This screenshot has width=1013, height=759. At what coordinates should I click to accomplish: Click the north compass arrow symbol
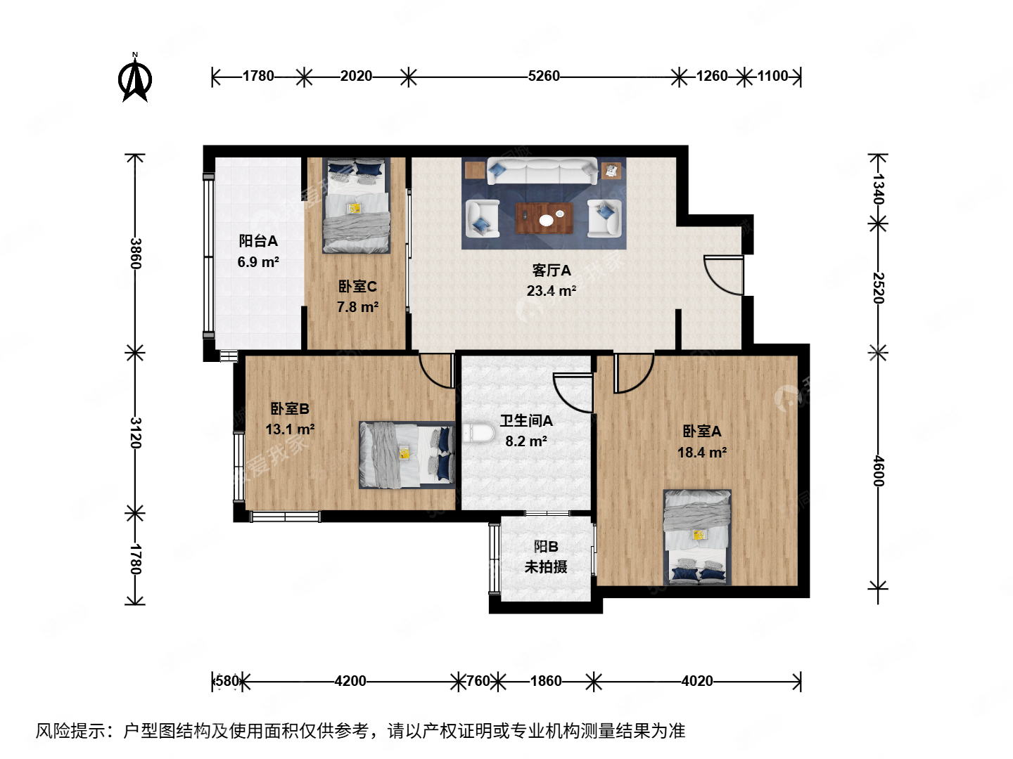pos(135,79)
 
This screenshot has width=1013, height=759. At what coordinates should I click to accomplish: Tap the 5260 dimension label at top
pos(544,76)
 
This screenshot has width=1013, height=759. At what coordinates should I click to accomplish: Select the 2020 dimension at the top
pos(356,76)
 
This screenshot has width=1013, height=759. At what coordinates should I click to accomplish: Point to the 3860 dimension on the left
pos(136,254)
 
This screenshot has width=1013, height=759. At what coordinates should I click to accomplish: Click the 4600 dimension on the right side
pos(878,470)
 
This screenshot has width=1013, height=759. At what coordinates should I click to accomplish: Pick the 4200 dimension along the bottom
pos(350,680)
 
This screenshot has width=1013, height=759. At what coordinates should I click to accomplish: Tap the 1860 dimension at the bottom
pos(546,680)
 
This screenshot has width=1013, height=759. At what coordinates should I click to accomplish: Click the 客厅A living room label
pos(552,271)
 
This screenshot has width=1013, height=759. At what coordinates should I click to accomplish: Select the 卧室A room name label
pos(701,432)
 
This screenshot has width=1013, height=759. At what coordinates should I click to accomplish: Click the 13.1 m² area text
pos(290,429)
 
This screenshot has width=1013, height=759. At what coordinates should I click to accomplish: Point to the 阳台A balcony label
pos(258,241)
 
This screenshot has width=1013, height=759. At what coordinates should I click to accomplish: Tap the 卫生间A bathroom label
pos(526,421)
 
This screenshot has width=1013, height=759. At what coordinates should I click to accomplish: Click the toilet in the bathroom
pos(478,433)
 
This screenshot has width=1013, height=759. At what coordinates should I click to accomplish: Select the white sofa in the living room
pos(542,171)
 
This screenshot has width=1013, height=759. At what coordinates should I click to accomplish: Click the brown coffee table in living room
pos(545,218)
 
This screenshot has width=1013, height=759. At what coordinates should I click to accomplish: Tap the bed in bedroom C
pos(356,205)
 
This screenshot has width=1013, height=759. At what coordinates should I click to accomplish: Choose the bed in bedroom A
pos(697,537)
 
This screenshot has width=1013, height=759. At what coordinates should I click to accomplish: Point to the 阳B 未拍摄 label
pos(546,557)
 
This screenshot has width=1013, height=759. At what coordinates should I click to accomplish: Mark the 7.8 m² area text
pos(357,307)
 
